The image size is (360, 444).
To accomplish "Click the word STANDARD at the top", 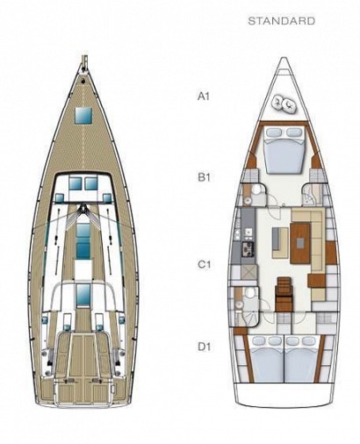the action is point(281,21).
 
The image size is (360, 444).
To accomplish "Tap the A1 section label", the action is point(204,97).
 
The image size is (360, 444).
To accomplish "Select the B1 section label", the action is point(204,177).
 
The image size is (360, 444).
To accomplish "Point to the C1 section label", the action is point(204,264).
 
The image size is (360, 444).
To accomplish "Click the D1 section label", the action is point(204,347).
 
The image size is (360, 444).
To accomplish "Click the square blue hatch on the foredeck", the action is point(83,115).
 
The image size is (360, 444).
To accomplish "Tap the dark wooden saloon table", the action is point(300,243).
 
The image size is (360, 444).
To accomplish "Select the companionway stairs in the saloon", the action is point(284,294).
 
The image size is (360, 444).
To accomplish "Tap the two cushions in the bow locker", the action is point(284,104).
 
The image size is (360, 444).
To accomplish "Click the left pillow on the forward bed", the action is point(274,132).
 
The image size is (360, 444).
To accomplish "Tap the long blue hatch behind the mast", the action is point(83,241).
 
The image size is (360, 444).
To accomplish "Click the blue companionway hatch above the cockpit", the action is point(83,295).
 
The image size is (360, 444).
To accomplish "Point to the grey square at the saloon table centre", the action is point(300,242).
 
